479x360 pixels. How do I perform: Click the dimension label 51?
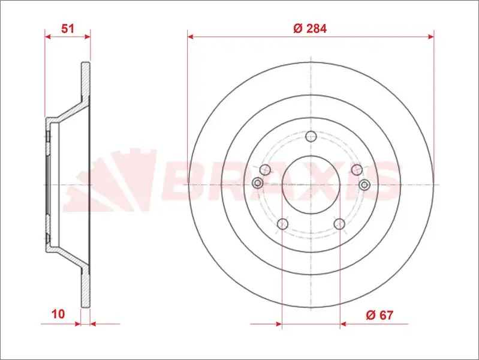coord(68,28)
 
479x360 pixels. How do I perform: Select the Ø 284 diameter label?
coord(310,28)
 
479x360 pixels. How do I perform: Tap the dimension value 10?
coord(58,314)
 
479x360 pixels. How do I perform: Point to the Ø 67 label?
coord(379,315)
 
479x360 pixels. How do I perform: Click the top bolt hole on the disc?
coord(311,136)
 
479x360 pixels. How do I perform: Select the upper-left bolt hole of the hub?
coord(265,169)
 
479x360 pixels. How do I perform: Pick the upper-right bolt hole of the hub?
coord(357,169)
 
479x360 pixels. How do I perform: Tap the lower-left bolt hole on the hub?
coord(283,224)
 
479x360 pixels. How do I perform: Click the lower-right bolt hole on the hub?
coord(339,224)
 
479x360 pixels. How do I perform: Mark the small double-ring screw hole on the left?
coord(258,183)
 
